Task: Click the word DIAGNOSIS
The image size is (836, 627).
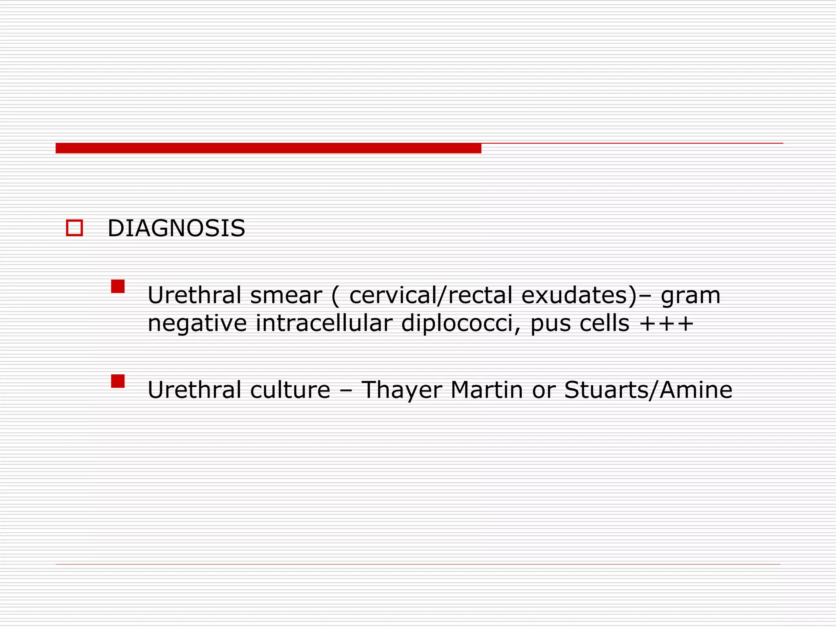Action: tap(176, 228)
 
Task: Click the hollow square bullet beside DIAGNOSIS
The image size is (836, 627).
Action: tap(74, 228)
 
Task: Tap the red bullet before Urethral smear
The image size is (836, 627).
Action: tap(118, 286)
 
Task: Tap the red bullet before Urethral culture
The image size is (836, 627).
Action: tap(118, 381)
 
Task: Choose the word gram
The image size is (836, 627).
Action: tap(691, 296)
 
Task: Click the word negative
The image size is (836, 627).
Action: tap(197, 324)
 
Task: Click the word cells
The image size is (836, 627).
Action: tap(605, 323)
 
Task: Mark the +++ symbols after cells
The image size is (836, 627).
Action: tap(667, 324)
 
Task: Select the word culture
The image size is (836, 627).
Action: tap(290, 390)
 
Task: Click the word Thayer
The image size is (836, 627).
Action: tap(402, 391)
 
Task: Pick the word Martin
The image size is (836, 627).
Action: tap(487, 390)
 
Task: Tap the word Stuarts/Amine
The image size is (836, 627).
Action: tap(648, 390)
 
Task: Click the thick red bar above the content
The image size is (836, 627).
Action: tap(268, 148)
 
